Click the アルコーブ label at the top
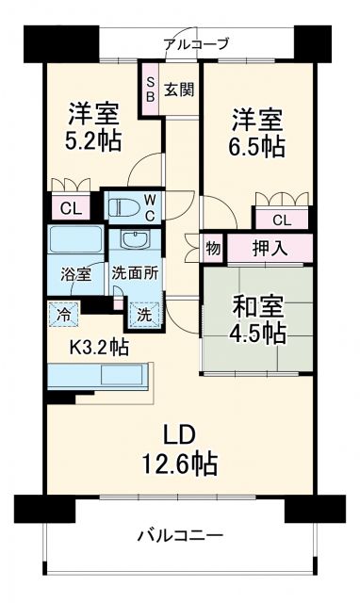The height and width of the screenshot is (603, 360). [196, 42]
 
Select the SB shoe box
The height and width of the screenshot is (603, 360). [149, 89]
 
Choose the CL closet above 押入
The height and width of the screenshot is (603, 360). [282, 220]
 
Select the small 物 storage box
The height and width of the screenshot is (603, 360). [213, 249]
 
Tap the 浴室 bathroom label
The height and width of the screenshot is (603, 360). [76, 274]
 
